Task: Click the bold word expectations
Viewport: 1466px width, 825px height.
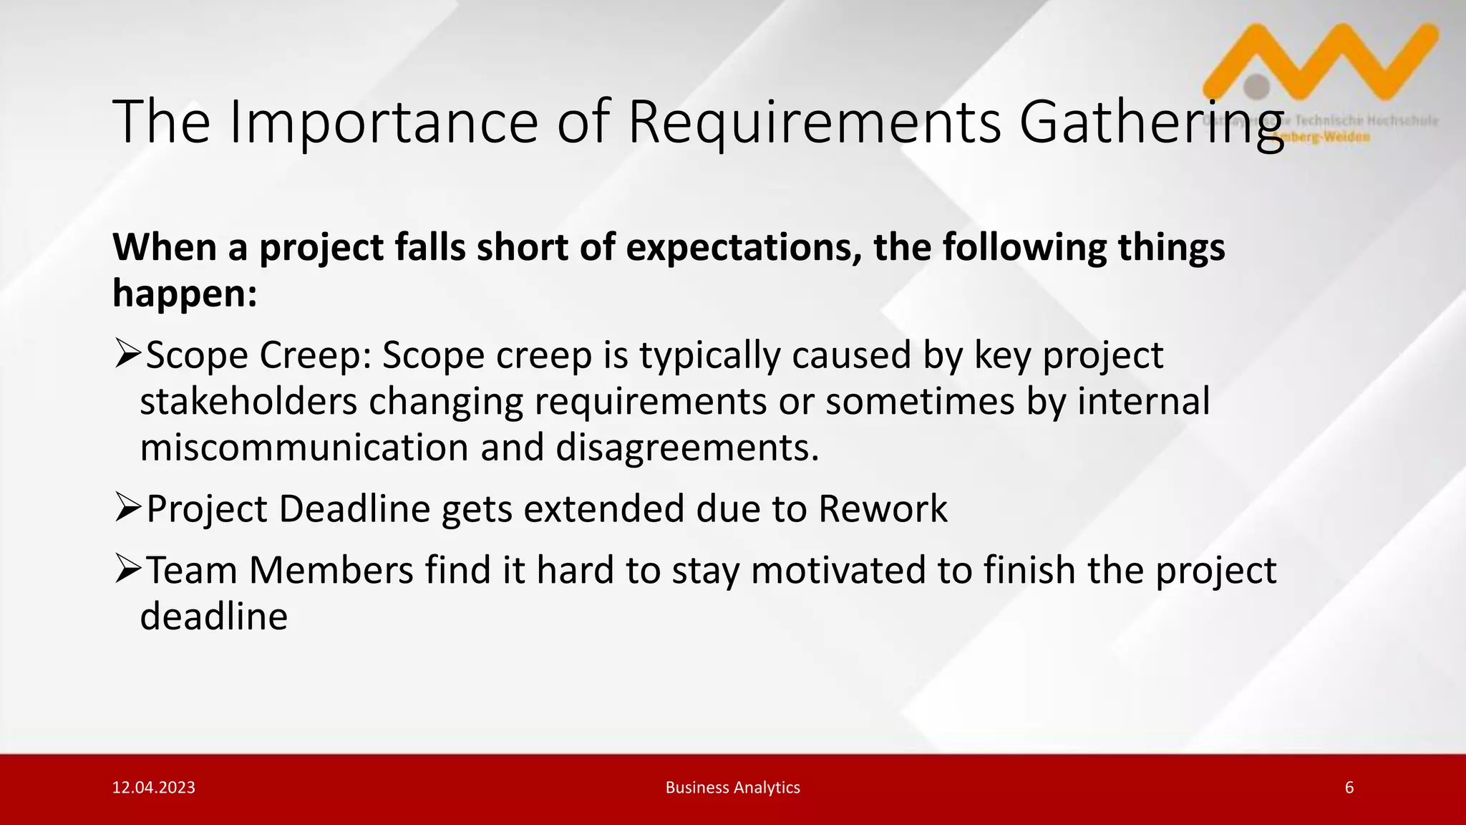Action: pyautogui.click(x=744, y=248)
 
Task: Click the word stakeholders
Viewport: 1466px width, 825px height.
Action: pyautogui.click(x=248, y=401)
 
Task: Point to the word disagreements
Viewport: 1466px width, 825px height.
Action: pyautogui.click(x=686, y=448)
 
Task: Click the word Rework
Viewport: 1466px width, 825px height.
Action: pyautogui.click(x=883, y=508)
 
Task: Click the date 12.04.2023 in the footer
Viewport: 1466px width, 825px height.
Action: pyautogui.click(x=154, y=788)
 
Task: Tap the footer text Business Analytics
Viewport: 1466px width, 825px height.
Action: pyautogui.click(x=732, y=788)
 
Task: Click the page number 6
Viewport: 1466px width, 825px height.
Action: pyautogui.click(x=1349, y=788)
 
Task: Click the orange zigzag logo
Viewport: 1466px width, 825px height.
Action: pyautogui.click(x=1324, y=61)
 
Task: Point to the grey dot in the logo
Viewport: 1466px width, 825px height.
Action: pyautogui.click(x=1256, y=87)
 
